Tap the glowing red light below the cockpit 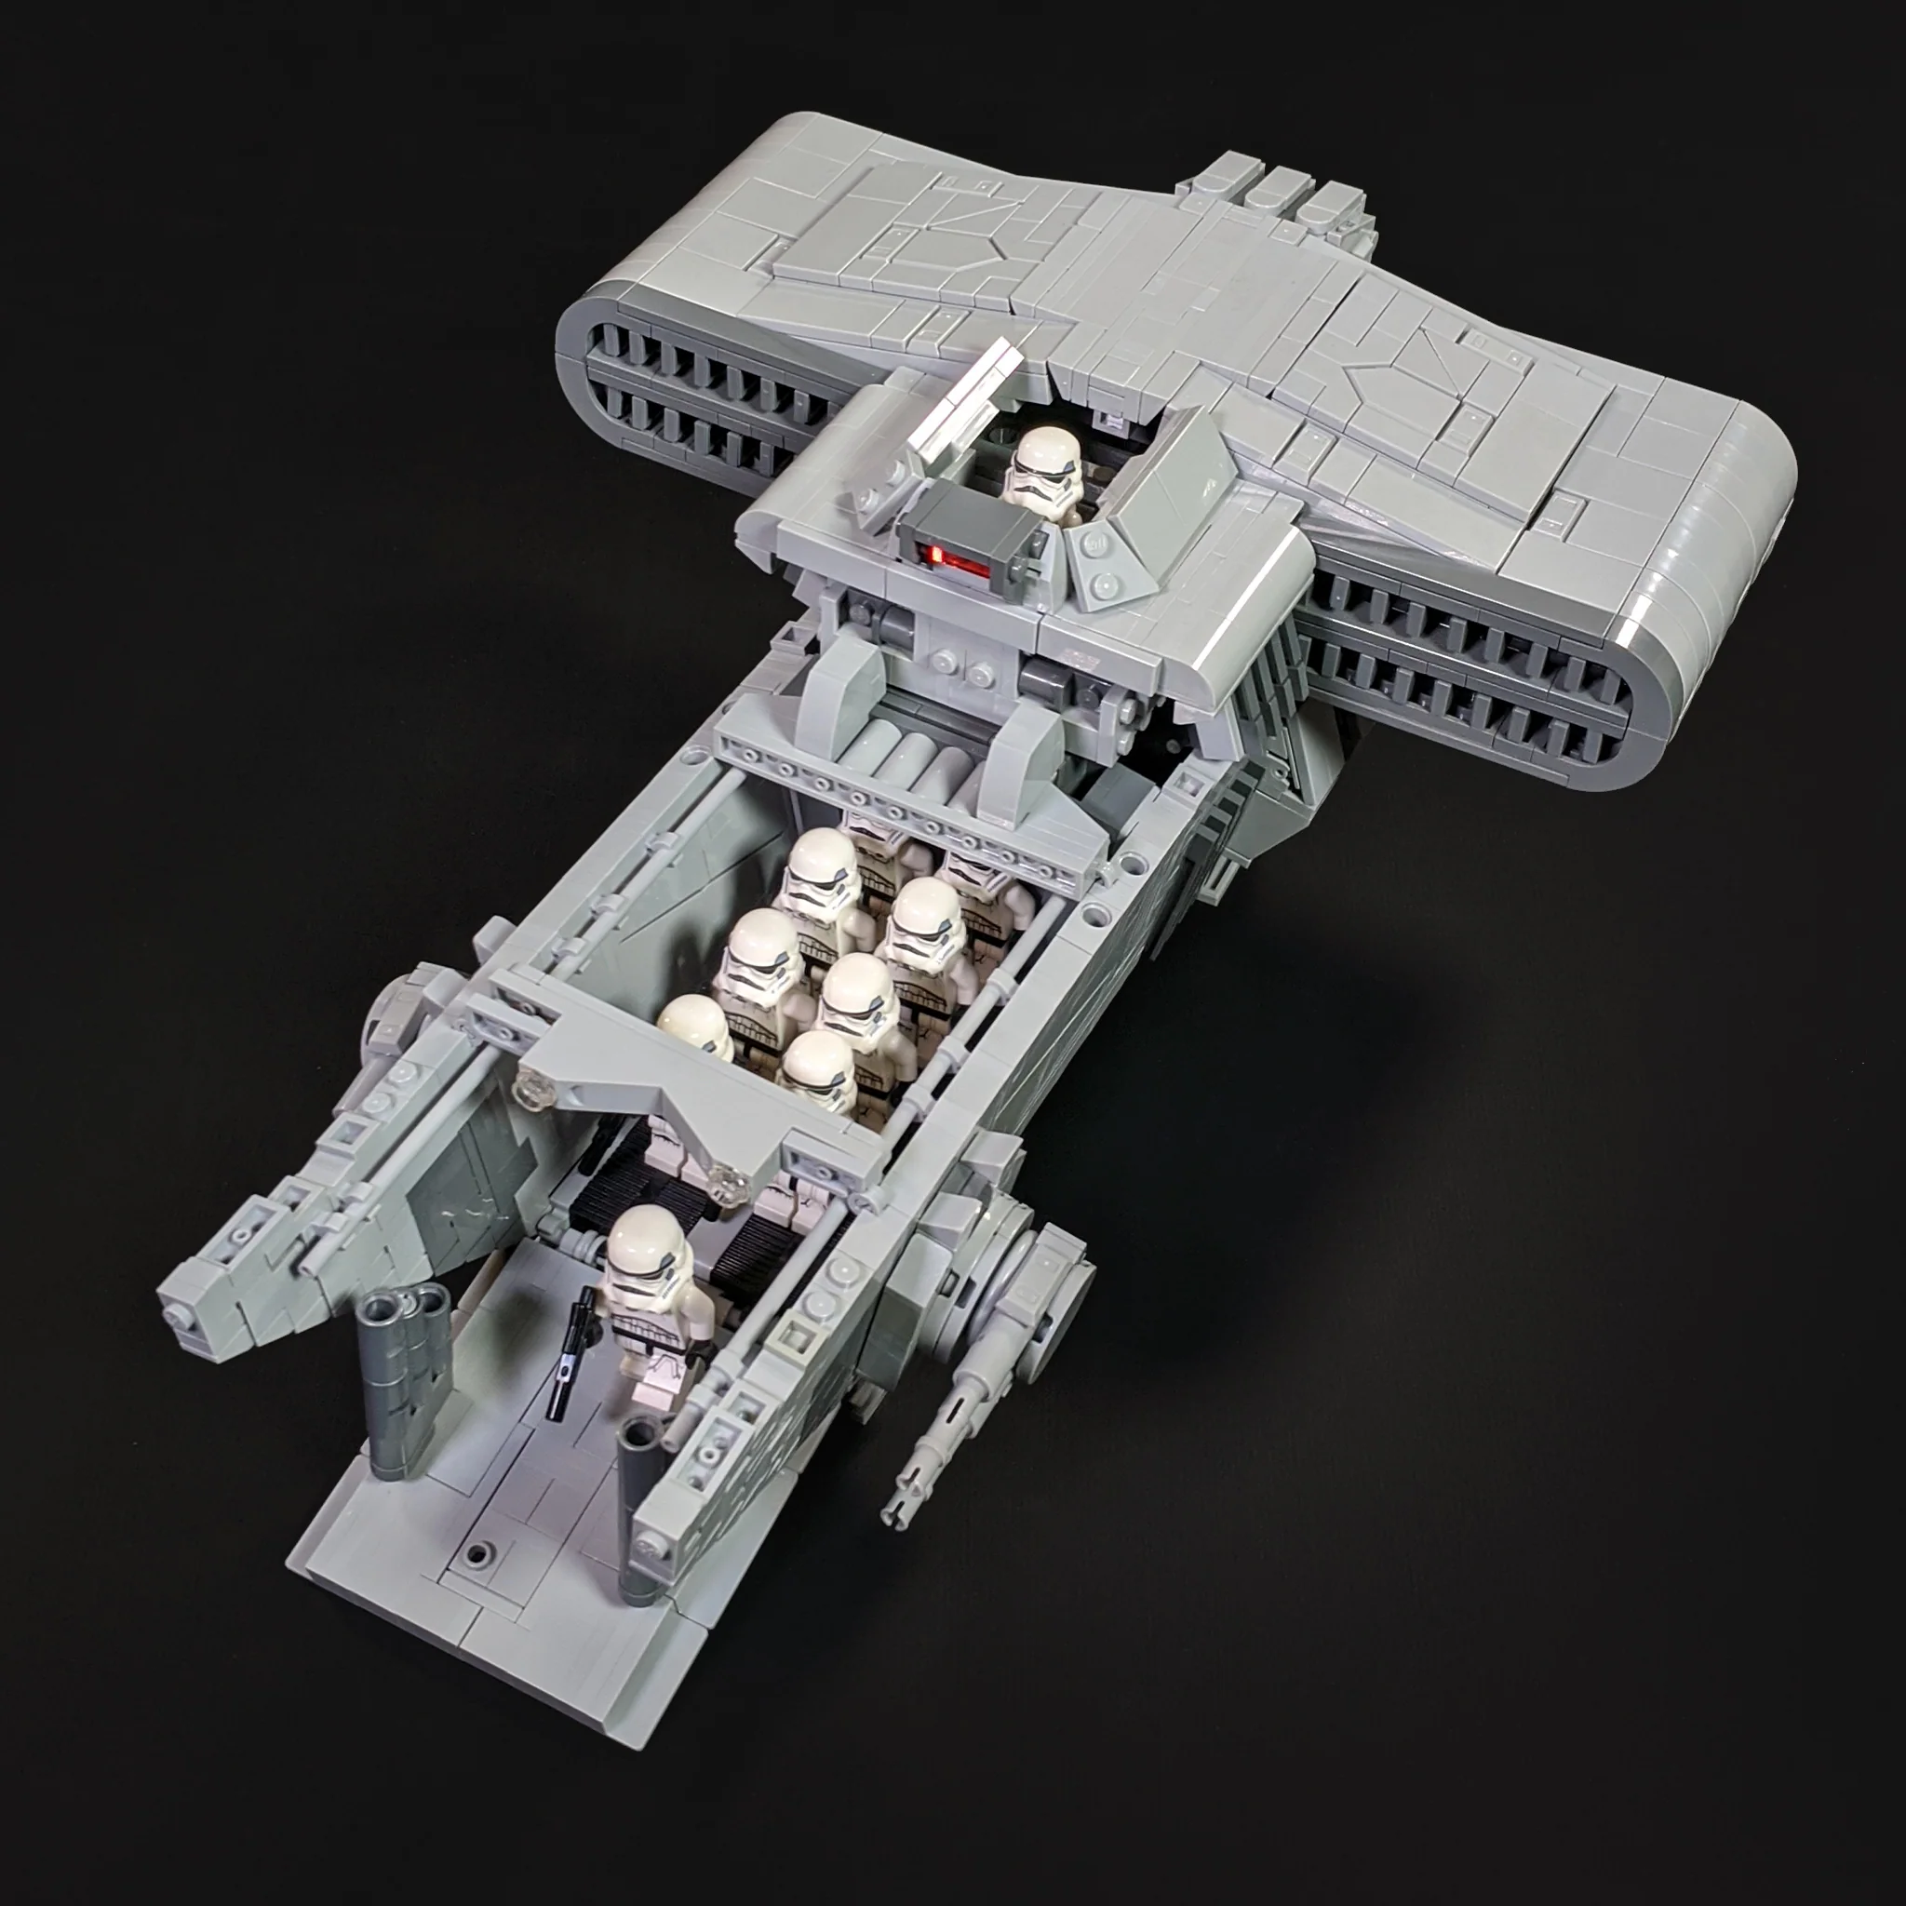pyautogui.click(x=955, y=560)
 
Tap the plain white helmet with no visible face pyautogui.click(x=693, y=1028)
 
